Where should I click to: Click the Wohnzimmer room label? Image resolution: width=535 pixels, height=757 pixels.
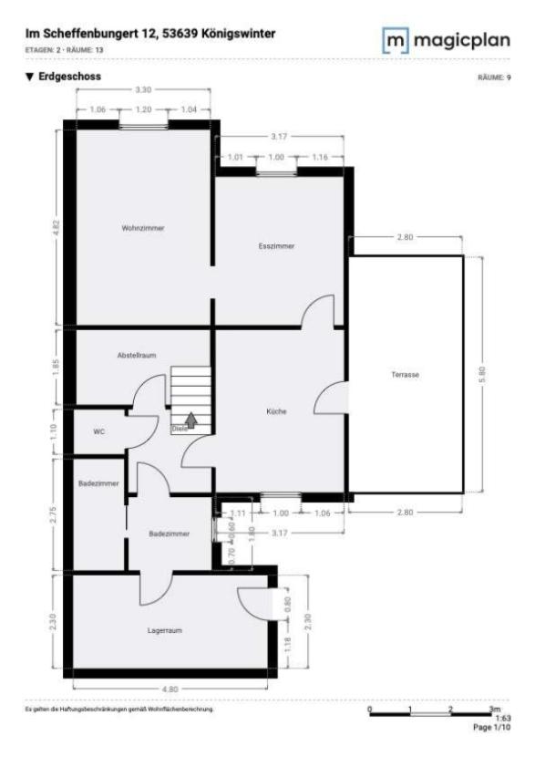(x=143, y=228)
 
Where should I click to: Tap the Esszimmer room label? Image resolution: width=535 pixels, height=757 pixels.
(x=276, y=246)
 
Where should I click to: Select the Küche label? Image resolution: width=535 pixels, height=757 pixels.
(x=276, y=411)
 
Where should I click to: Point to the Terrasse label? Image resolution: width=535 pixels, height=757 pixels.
(x=405, y=375)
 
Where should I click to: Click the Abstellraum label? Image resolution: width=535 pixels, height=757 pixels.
(x=138, y=354)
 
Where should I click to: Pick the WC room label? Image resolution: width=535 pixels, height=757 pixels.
(x=99, y=431)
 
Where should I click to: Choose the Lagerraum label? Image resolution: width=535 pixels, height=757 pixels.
(x=166, y=629)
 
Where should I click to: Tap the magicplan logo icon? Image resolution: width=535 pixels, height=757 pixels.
(x=396, y=43)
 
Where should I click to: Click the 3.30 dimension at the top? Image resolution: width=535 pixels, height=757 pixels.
(x=143, y=91)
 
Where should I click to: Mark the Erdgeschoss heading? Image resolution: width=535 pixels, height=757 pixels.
(x=69, y=77)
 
